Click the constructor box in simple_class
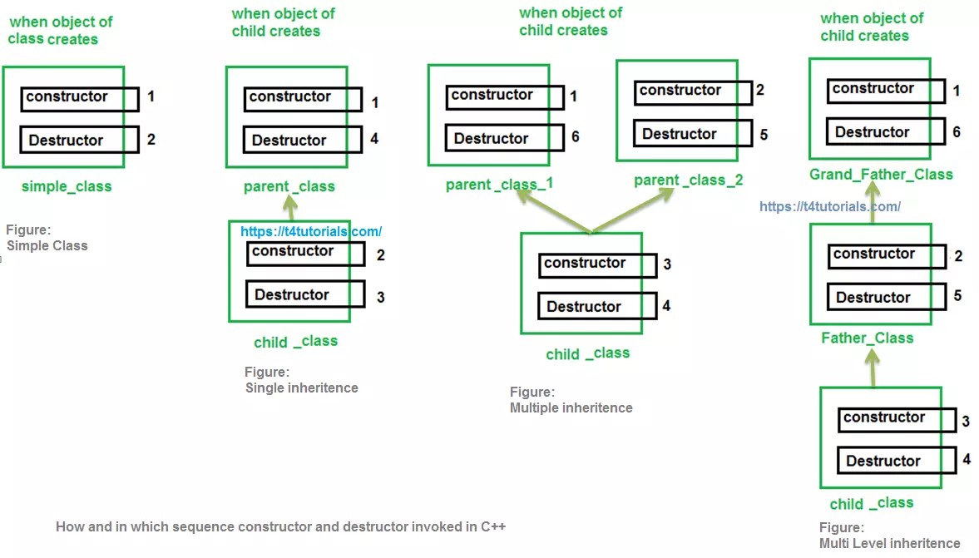79,98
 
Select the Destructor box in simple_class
79,140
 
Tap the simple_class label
67,186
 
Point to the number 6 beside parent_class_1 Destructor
575,137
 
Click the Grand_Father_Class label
881,175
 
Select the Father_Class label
867,338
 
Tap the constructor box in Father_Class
888,255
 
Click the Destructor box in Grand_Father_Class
886,132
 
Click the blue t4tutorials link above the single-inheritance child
311,232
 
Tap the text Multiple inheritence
571,407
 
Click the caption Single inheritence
301,388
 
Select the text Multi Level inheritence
889,543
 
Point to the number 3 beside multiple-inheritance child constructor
667,264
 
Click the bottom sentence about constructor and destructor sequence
280,526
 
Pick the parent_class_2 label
688,180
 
